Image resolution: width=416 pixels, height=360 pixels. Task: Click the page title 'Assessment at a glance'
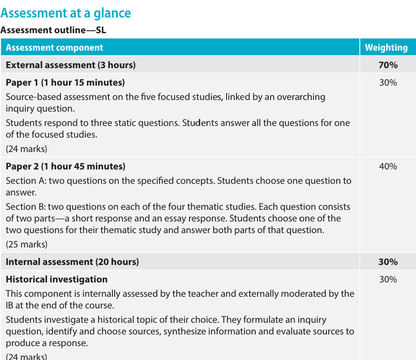click(66, 13)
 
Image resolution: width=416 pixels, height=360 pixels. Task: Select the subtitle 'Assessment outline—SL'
click(53, 30)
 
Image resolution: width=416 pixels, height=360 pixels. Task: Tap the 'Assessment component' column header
click(54, 48)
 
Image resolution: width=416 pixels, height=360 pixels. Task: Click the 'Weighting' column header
click(386, 48)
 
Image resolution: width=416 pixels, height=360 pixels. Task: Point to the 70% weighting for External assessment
click(388, 65)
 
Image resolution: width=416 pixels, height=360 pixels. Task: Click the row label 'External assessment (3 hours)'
click(70, 65)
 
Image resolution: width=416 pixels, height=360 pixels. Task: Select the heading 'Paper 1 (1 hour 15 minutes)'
click(65, 82)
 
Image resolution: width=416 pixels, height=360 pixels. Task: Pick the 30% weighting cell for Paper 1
click(388, 82)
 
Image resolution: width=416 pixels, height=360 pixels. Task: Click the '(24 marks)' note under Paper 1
click(26, 149)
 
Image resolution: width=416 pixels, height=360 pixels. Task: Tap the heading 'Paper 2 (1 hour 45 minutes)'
click(65, 166)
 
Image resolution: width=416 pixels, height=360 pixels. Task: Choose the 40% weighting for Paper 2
click(388, 166)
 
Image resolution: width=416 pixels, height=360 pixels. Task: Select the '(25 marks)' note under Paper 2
click(26, 244)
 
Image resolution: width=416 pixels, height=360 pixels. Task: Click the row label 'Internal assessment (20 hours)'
click(72, 262)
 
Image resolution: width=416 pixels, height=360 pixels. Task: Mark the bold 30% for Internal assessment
click(388, 262)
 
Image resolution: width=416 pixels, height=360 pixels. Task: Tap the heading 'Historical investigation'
click(56, 279)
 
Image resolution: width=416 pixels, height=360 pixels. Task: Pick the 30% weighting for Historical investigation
click(388, 279)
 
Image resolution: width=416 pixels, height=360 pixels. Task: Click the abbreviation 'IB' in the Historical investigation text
click(10, 305)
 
